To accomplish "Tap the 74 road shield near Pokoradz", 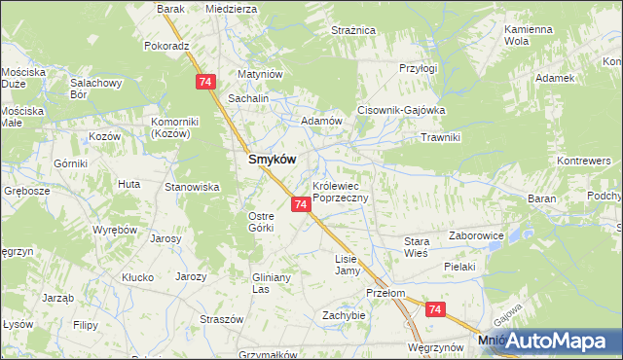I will click(204, 83).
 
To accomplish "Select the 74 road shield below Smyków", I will click(300, 204).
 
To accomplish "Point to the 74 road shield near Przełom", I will click(434, 309).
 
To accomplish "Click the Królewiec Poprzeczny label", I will click(340, 191).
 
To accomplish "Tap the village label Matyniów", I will click(260, 74).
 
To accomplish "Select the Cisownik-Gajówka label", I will click(401, 110).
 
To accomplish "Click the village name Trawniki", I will click(439, 137).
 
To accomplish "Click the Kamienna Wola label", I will click(530, 36).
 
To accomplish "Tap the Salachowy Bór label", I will click(93, 90).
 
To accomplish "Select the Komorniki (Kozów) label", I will click(174, 127).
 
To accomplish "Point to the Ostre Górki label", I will click(262, 221).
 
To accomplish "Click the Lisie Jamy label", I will click(348, 265).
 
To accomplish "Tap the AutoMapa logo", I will click(556, 341).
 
